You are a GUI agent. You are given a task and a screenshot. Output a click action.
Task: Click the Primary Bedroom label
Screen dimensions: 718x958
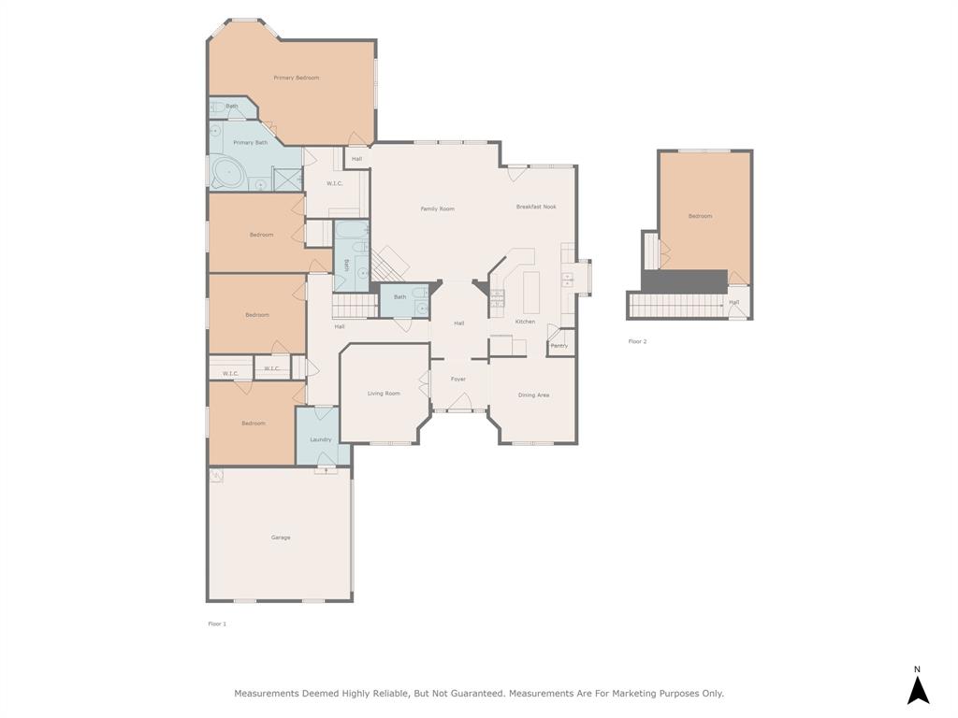tap(296, 78)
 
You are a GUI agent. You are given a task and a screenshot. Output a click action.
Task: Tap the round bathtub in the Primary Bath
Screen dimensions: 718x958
tap(227, 172)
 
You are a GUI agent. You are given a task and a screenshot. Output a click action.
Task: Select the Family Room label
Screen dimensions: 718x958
tap(437, 208)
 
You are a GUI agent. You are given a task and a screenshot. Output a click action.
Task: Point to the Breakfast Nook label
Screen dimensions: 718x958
tap(536, 207)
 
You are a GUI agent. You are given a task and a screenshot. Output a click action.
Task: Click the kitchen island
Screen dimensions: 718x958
tap(531, 292)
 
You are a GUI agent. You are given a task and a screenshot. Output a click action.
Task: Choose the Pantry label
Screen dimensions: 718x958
tap(559, 346)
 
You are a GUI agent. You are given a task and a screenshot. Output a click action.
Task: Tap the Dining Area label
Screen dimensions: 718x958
tap(533, 395)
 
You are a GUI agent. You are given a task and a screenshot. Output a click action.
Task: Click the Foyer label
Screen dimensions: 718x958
tap(458, 379)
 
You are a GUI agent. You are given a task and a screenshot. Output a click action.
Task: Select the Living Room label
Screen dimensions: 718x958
tap(384, 394)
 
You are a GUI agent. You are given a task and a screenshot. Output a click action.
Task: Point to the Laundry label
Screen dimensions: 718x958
tap(321, 439)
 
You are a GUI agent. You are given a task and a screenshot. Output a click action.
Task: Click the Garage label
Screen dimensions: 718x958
tap(281, 538)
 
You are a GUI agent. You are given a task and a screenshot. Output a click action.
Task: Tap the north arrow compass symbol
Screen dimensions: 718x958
tap(918, 689)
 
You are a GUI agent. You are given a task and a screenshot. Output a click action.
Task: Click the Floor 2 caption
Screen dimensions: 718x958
tap(637, 341)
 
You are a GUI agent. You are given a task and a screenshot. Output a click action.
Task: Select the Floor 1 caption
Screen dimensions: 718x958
tap(217, 624)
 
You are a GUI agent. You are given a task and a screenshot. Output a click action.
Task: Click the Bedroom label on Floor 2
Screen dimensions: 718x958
tap(700, 216)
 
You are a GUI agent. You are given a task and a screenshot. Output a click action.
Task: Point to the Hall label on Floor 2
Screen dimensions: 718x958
tap(734, 302)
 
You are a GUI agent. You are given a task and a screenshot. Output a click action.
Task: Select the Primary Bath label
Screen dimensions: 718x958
tap(250, 142)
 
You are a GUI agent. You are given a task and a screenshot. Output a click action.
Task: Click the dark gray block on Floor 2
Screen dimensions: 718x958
tap(683, 280)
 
